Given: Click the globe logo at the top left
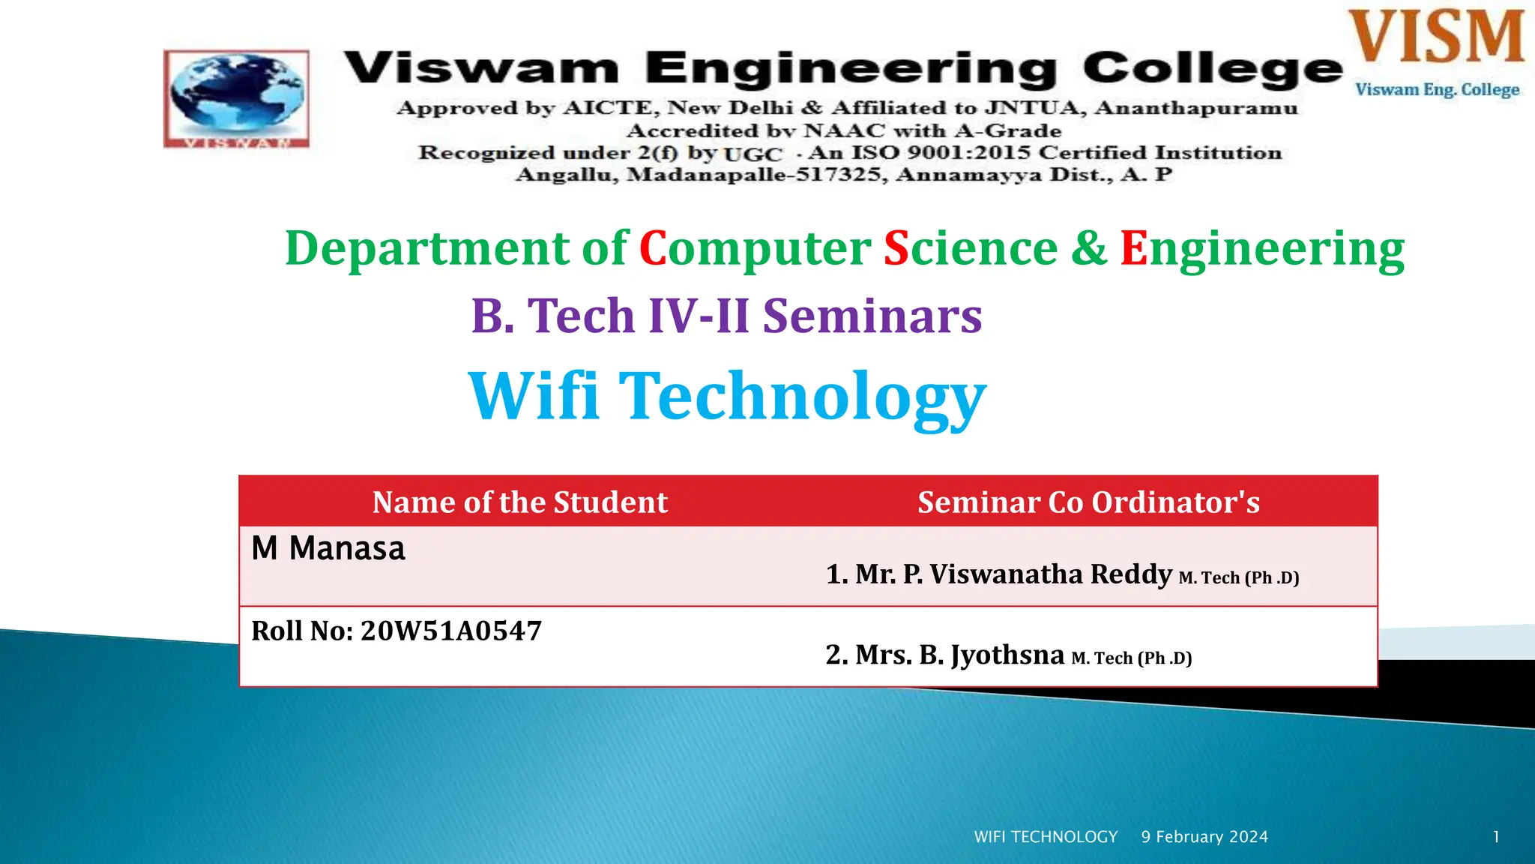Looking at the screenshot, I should point(237,97).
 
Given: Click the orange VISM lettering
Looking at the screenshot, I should point(1436,37).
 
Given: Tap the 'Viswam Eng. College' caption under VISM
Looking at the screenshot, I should point(1437,89).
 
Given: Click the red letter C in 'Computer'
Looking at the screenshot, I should point(652,248).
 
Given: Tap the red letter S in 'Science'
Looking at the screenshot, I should point(896,248).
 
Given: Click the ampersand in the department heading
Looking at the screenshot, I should point(1088,248).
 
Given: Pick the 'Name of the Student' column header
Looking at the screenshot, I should point(519,502).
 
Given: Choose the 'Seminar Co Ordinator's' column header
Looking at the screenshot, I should point(1088,502).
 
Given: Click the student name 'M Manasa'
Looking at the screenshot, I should point(328,548).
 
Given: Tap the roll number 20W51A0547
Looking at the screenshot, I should point(450,631).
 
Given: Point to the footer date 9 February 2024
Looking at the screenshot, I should point(1204,837).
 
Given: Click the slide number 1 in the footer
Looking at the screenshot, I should point(1496,837).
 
